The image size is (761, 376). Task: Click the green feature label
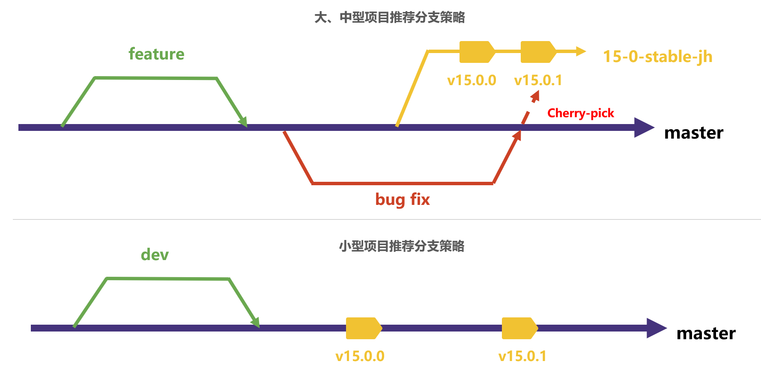coord(156,54)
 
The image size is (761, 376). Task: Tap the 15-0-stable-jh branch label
coord(657,56)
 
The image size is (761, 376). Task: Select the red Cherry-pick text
coord(580,113)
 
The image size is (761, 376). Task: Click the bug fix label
coord(402,199)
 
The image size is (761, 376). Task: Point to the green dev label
coord(155,255)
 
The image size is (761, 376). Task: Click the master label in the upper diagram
coord(693,133)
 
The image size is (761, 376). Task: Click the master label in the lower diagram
coord(706,333)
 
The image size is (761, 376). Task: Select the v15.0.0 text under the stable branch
coord(472,80)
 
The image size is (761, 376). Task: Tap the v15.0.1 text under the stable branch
coord(538,80)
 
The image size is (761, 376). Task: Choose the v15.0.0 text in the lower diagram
coord(360,356)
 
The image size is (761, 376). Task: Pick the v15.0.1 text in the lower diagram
coord(522,356)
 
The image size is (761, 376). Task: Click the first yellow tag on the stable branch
coord(477,52)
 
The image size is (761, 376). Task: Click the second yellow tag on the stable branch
coord(538,52)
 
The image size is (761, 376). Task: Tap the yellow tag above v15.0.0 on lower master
coord(364,328)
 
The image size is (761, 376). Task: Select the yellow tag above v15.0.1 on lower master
coord(519,328)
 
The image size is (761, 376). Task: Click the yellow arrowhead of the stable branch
coord(581,51)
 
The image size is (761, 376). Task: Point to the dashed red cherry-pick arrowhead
coord(535,96)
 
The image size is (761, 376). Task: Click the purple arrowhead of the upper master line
coord(643,127)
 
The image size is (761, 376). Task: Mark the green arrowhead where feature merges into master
coord(243,122)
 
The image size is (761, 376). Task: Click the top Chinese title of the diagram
coord(389,18)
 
